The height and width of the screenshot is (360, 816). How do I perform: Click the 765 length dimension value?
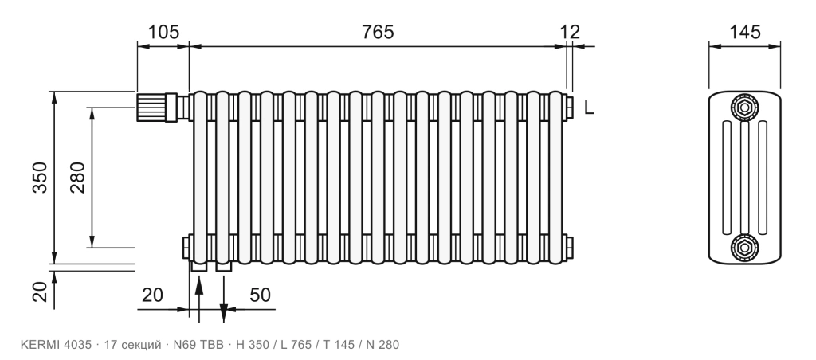378,32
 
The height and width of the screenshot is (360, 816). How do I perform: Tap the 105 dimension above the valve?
163,32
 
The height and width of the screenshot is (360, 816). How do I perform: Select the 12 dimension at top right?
571,32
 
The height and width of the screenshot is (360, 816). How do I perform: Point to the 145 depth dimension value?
744,32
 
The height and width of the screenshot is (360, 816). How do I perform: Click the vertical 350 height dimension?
40,178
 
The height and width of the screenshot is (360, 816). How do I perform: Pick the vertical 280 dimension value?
77,178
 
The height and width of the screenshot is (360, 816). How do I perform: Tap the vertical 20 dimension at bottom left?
40,292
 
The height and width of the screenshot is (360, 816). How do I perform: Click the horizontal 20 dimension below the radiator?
152,295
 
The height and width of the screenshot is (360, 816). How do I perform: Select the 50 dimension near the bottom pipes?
261,295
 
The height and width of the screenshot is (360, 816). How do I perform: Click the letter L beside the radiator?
589,108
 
